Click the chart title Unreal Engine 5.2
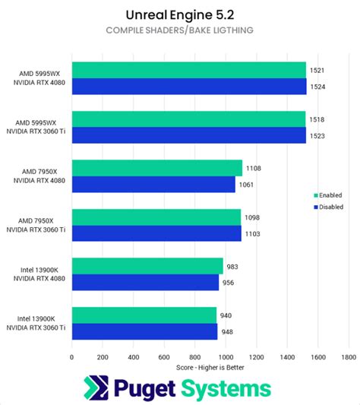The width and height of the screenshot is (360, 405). [179, 14]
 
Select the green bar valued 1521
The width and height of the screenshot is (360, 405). [188, 70]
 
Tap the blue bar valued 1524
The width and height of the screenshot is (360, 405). [188, 86]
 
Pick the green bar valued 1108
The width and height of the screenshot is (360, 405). [156, 168]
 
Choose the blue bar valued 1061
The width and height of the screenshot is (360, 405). [153, 184]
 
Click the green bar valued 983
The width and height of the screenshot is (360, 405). [147, 265]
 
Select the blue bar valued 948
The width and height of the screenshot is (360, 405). [144, 331]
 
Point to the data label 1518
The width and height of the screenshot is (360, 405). [318, 119]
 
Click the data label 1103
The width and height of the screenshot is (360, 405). [253, 234]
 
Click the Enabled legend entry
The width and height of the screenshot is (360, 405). [329, 194]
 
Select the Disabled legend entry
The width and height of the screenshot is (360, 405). [330, 206]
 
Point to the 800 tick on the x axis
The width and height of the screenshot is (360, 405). [194, 356]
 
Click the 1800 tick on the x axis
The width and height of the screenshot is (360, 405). [349, 356]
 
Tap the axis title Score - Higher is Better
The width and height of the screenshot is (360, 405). [210, 367]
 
